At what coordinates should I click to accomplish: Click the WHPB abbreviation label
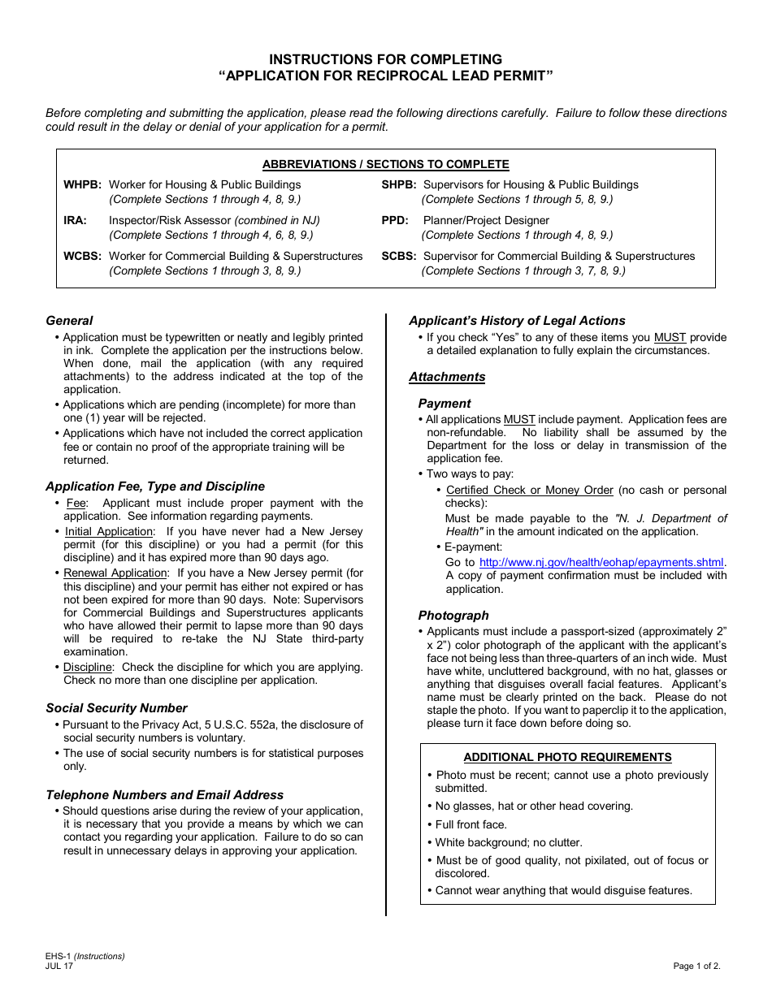click(x=83, y=185)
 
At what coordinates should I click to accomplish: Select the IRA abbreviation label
click(x=75, y=221)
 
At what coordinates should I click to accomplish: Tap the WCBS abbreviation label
click(x=83, y=257)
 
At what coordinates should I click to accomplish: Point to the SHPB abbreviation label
click(x=399, y=185)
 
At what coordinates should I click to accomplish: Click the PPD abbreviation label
click(x=395, y=221)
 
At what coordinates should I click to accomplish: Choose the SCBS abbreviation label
click(x=399, y=257)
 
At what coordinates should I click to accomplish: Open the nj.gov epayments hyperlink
click(x=601, y=562)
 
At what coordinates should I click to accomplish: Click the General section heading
click(x=69, y=321)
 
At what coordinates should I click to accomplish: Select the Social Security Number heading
click(x=116, y=708)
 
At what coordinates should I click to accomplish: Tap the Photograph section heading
click(x=453, y=616)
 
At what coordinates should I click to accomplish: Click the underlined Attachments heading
click(x=447, y=377)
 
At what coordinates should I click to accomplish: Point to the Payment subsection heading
click(x=445, y=404)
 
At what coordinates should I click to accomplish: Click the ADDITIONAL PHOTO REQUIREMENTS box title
click(x=567, y=758)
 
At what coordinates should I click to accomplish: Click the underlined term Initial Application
click(x=109, y=532)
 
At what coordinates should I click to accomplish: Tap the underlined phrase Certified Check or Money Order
click(x=530, y=491)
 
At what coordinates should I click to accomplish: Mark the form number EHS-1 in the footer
click(x=59, y=956)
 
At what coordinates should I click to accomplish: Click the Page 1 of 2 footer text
click(x=696, y=966)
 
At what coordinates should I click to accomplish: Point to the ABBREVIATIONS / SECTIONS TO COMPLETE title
click(x=385, y=165)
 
